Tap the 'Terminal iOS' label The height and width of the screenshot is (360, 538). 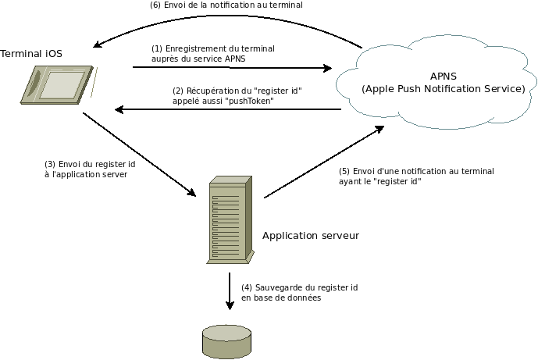click(30, 53)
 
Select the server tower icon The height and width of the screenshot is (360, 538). click(230, 221)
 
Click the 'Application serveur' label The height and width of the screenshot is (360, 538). click(311, 235)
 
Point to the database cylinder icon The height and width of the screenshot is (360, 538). click(226, 341)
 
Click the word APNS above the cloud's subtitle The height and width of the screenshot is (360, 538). click(443, 76)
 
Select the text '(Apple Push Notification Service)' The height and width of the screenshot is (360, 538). click(443, 89)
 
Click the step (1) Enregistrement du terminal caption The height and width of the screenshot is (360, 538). click(212, 53)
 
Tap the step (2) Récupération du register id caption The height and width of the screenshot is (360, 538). click(237, 95)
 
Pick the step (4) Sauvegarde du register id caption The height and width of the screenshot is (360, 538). click(290, 293)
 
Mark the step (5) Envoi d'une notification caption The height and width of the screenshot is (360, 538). click(416, 176)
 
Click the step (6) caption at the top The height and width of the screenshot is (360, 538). click(226, 5)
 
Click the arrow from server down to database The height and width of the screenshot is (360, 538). click(230, 290)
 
